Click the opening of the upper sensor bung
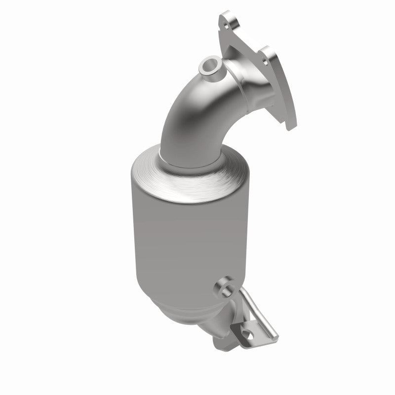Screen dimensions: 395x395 (210, 64)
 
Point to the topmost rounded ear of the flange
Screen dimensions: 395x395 (228, 19)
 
